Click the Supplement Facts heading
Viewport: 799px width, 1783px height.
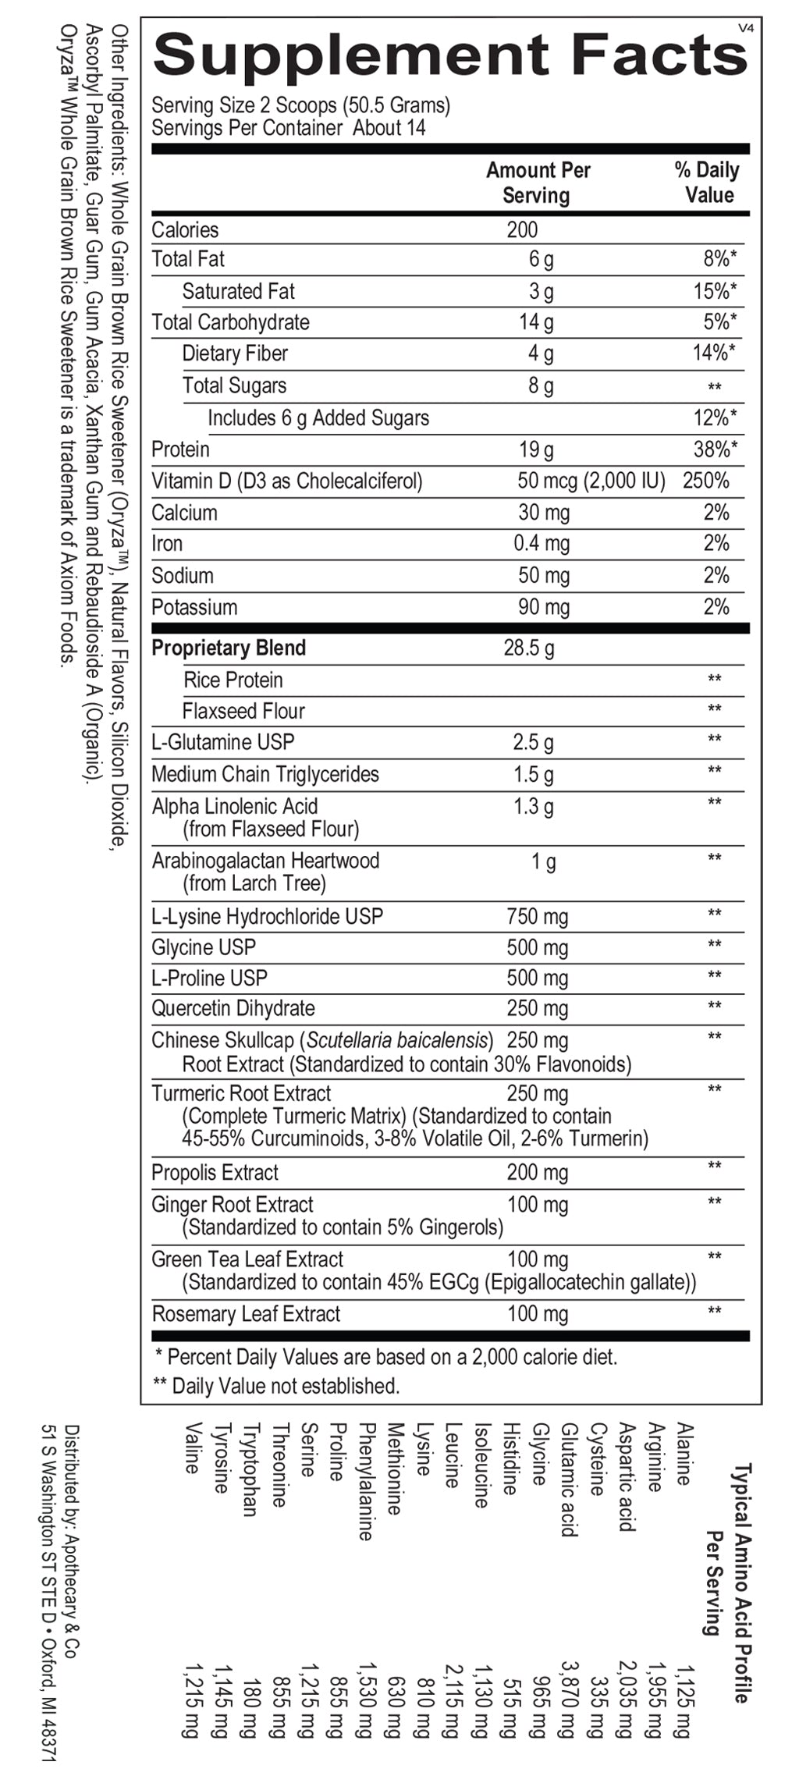(x=450, y=55)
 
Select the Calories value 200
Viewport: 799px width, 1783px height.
(x=522, y=229)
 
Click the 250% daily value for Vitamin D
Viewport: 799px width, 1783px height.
(x=705, y=481)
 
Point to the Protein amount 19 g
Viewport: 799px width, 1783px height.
(x=536, y=449)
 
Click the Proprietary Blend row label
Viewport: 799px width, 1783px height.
(x=229, y=648)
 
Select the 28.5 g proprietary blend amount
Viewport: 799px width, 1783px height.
(x=528, y=648)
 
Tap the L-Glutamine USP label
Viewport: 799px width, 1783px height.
(x=222, y=742)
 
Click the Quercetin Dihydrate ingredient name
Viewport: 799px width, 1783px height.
(x=233, y=1008)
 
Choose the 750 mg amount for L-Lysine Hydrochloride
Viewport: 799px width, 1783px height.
(x=537, y=916)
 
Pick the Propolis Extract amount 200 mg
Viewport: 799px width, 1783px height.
(x=537, y=1172)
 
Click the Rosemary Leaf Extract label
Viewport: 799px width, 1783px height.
(x=246, y=1314)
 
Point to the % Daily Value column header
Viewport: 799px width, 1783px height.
(x=708, y=183)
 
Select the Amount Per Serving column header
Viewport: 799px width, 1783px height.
(x=538, y=183)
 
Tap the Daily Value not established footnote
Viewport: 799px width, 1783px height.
(x=277, y=1386)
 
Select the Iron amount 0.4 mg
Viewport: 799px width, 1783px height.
(x=541, y=544)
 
